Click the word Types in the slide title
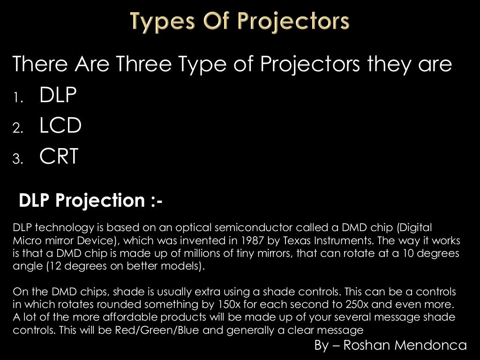157,22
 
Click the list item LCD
60,126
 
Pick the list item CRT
59,157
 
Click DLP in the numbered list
58,96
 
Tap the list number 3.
17,160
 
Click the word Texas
309,240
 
